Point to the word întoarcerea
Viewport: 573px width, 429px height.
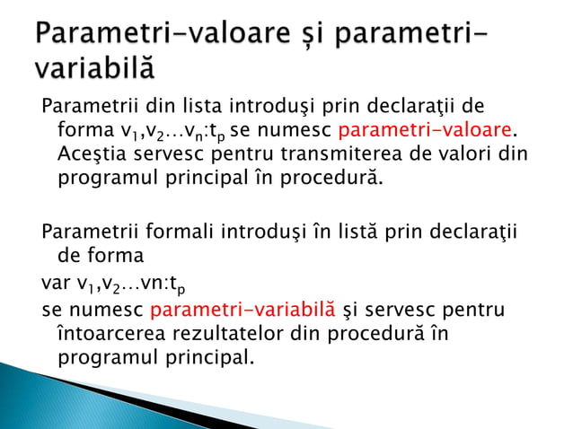click(112, 333)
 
